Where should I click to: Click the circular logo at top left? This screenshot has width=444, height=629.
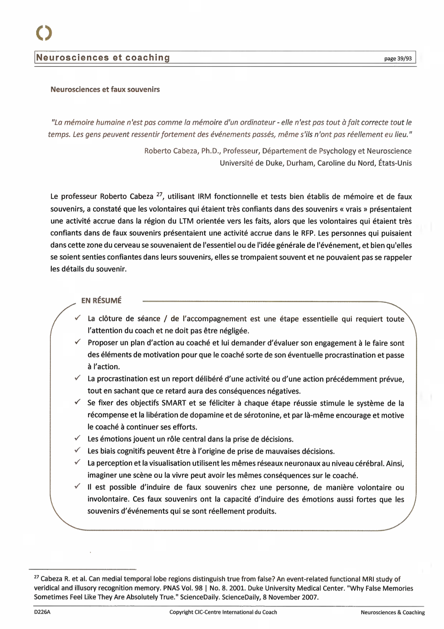point(44,33)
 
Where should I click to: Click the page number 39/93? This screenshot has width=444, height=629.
point(398,58)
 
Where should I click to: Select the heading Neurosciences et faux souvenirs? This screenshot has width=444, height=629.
point(105,89)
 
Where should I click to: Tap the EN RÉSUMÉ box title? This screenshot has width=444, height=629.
point(101,300)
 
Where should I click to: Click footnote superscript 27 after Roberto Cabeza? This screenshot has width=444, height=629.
point(159,194)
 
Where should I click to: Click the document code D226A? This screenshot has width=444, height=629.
point(42,612)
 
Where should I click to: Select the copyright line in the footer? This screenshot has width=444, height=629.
point(223,612)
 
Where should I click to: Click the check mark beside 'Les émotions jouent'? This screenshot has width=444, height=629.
point(77,438)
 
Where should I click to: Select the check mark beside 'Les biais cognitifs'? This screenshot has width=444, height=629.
point(77,450)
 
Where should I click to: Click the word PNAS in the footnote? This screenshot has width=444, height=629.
point(171,588)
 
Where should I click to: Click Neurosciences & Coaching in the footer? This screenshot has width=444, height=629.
point(393,612)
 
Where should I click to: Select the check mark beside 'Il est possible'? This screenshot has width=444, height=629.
point(77,486)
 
